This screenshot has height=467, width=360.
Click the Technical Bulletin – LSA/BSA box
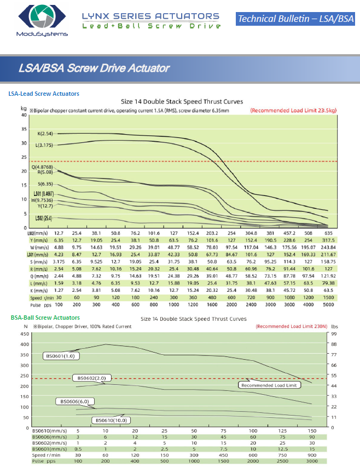click(296, 19)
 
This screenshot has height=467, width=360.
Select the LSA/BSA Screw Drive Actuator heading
click(94, 68)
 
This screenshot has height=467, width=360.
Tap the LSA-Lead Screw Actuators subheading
click(44, 94)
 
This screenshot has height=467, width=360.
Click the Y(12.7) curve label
click(45, 206)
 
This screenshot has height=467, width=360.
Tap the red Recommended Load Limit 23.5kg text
click(293, 110)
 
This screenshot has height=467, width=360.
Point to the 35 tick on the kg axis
click(24, 129)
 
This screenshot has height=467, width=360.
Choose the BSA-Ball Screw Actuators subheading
click(45, 318)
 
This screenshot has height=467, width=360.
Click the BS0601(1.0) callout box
click(61, 356)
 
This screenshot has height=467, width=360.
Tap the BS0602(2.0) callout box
click(91, 378)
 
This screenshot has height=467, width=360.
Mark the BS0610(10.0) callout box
click(112, 420)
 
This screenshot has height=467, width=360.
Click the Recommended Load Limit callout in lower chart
click(269, 385)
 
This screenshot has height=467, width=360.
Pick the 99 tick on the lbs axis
click(333, 333)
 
